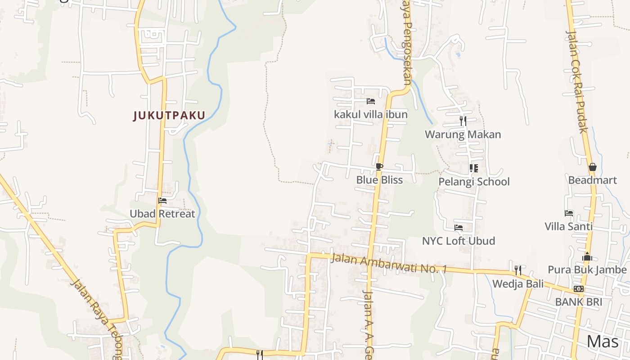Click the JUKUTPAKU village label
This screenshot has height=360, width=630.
[x=169, y=116]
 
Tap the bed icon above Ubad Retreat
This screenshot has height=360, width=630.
[x=162, y=201]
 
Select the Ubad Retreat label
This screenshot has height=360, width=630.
[x=162, y=214]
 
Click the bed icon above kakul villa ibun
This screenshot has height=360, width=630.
[x=371, y=101]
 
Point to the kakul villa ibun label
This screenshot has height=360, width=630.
[x=371, y=115]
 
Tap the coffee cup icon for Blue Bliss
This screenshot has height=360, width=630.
[x=379, y=167]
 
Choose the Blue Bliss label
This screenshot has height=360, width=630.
[x=379, y=180]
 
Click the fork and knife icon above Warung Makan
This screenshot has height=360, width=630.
[x=463, y=121]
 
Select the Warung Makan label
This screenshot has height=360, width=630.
[x=463, y=135]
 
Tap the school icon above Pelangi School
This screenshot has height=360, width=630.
[x=473, y=168]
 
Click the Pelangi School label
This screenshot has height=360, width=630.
[x=474, y=182]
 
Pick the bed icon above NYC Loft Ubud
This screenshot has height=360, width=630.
[x=459, y=228]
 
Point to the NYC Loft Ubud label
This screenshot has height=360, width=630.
[x=459, y=241]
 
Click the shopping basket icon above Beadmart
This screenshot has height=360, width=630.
[x=592, y=167]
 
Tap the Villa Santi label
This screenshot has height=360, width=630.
[x=569, y=226]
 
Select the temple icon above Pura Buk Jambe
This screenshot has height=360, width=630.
[x=587, y=257]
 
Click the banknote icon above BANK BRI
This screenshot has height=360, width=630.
[x=579, y=288]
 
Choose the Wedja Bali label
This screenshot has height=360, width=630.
[x=517, y=284]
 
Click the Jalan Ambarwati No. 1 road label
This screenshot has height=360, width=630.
[x=389, y=264]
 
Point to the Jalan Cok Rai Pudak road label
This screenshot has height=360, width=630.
[x=577, y=82]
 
